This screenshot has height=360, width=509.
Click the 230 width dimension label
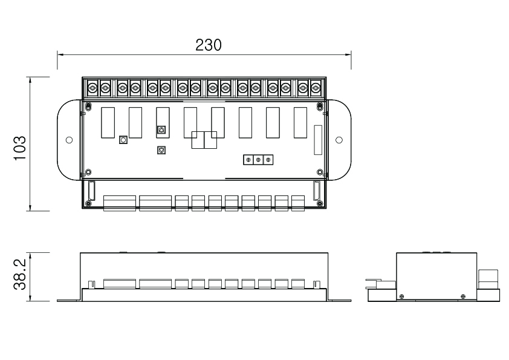tap(209, 45)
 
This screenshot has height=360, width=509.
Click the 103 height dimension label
tap(20, 148)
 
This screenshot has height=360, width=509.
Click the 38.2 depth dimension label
tap(20, 274)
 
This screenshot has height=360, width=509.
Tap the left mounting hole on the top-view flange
tap(69, 140)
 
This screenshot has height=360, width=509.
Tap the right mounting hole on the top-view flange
tap(339, 140)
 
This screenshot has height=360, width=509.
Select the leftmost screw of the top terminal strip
tap(92, 87)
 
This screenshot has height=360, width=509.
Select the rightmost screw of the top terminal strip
tap(316, 87)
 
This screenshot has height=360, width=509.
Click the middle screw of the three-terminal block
tap(258, 160)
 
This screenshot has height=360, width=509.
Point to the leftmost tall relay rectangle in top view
tap(108, 123)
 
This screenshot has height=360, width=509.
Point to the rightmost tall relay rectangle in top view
tap(300, 123)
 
